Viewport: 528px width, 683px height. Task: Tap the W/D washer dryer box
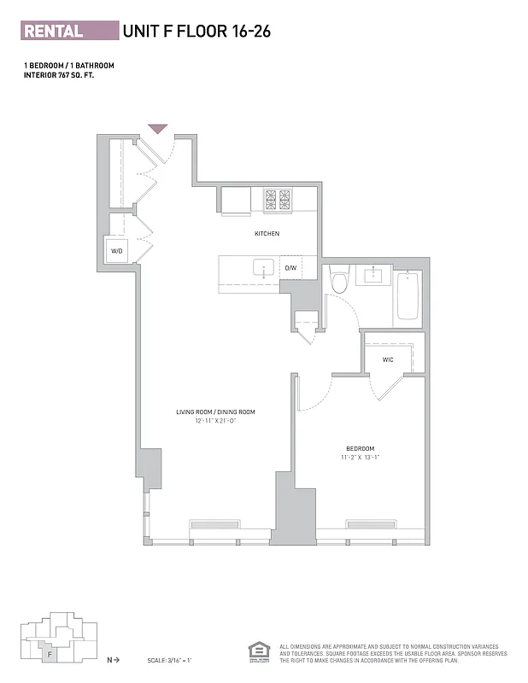pos(117,251)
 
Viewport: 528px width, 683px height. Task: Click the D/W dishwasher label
pos(290,268)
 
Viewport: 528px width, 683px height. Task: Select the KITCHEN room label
pos(267,234)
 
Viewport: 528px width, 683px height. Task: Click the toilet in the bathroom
pos(339,280)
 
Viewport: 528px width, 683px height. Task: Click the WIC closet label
pos(388,359)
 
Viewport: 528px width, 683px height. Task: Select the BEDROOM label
pos(360,448)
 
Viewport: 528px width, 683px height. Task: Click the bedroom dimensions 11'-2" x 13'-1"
pos(360,458)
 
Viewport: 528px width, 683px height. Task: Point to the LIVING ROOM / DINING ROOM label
pos(215,412)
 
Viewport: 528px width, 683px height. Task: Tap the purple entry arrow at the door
pos(158,129)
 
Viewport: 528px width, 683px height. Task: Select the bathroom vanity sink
pos(373,274)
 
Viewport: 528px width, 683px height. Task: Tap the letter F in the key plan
pos(51,655)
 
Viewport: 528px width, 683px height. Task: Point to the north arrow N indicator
pos(111,660)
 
